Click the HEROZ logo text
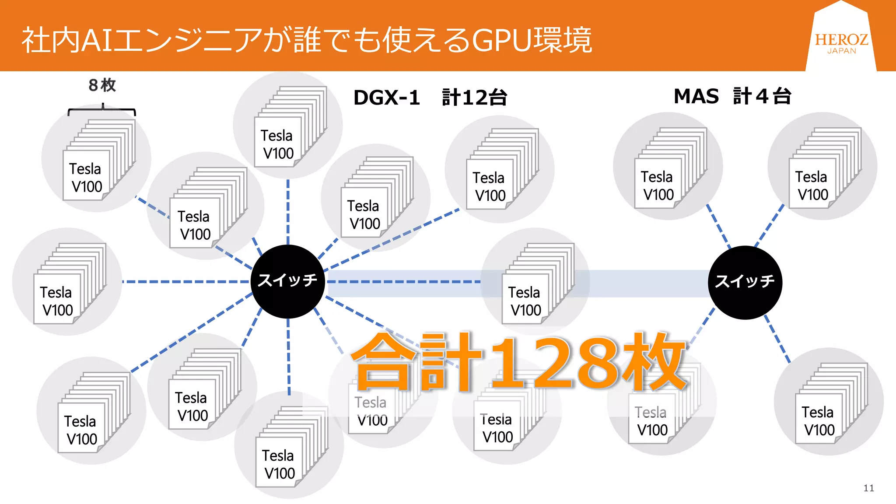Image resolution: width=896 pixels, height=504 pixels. click(841, 40)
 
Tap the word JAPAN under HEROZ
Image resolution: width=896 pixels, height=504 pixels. click(841, 51)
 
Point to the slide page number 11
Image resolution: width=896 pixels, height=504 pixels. click(868, 488)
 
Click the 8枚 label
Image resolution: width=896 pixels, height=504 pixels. click(102, 85)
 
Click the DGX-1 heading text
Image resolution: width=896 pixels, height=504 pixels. click(386, 97)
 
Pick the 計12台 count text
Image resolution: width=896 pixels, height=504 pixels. click(474, 97)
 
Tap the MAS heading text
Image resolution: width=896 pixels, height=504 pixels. click(696, 96)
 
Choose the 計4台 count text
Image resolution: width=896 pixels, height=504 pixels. click(762, 96)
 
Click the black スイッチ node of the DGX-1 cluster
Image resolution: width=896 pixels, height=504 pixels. click(287, 281)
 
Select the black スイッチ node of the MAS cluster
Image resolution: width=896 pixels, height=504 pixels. click(745, 282)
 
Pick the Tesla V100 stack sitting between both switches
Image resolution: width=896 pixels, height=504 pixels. click(536, 284)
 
